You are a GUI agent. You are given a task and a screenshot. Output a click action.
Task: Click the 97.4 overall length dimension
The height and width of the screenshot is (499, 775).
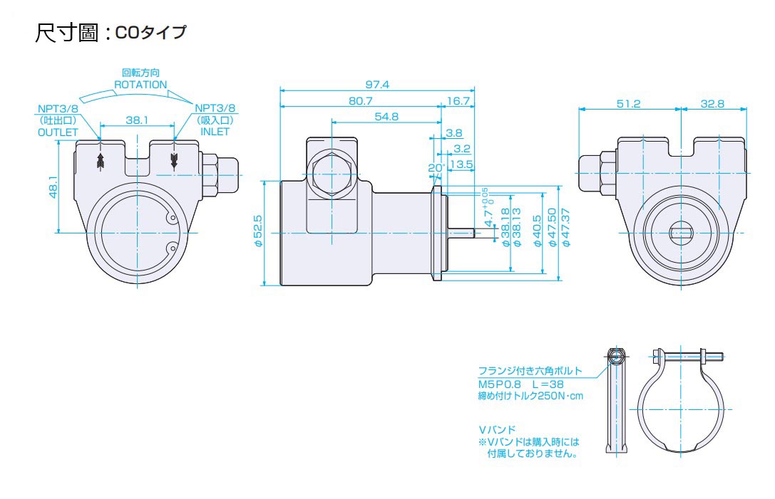click(377, 85)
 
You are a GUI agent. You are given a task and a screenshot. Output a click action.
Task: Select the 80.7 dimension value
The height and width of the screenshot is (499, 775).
click(360, 100)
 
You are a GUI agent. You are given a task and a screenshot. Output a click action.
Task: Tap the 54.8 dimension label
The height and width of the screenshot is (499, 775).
click(386, 117)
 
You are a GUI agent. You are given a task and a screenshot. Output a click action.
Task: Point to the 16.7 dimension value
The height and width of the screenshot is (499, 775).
click(458, 100)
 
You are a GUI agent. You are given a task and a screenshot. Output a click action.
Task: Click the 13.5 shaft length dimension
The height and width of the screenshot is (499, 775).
click(461, 164)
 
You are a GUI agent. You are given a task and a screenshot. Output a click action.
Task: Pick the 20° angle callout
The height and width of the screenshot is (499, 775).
click(436, 168)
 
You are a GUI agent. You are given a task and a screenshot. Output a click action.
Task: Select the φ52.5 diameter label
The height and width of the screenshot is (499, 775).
click(258, 231)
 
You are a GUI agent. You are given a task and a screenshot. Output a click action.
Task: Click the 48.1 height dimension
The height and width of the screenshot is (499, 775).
click(53, 187)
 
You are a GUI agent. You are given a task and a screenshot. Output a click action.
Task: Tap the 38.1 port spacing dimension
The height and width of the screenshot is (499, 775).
click(137, 120)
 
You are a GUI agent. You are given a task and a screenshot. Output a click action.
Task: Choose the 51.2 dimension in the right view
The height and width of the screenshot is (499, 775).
click(629, 104)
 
